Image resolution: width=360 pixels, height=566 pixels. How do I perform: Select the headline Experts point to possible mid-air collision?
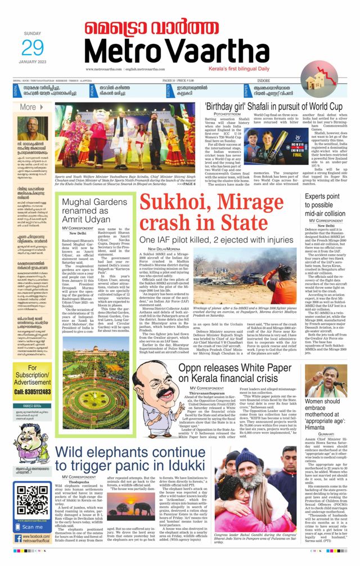[x=326, y=205]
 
